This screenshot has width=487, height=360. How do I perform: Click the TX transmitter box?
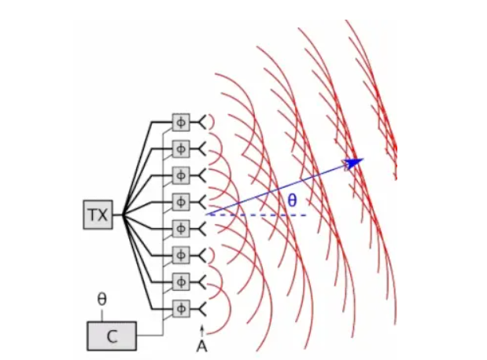tap(98, 215)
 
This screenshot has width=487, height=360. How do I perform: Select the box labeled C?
tap(112, 336)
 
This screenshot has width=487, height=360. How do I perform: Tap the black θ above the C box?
tap(101, 299)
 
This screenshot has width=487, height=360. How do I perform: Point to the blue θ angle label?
tap(292, 200)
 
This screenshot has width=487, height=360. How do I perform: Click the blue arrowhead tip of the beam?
tap(363, 159)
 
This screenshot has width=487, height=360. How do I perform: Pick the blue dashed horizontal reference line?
tap(257, 215)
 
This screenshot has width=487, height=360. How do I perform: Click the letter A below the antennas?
tap(202, 347)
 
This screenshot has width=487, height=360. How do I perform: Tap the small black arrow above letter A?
tap(202, 331)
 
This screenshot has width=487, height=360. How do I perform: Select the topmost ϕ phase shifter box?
tap(181, 123)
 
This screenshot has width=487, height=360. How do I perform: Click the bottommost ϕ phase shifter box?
tap(181, 309)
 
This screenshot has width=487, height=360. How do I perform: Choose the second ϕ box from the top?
tap(181, 149)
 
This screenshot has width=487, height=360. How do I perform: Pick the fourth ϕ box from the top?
tap(181, 202)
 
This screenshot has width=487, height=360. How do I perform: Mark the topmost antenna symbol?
tap(202, 123)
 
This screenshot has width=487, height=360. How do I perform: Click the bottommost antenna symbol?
tap(202, 309)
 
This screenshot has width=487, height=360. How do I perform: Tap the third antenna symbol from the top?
tap(202, 175)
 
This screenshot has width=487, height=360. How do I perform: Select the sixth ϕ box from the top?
tap(181, 255)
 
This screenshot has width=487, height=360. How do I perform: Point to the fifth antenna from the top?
tap(202, 229)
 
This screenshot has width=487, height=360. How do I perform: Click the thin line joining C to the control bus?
tap(149, 336)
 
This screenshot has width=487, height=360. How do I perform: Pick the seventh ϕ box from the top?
tap(181, 282)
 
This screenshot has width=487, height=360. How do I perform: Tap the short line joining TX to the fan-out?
tap(118, 215)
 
